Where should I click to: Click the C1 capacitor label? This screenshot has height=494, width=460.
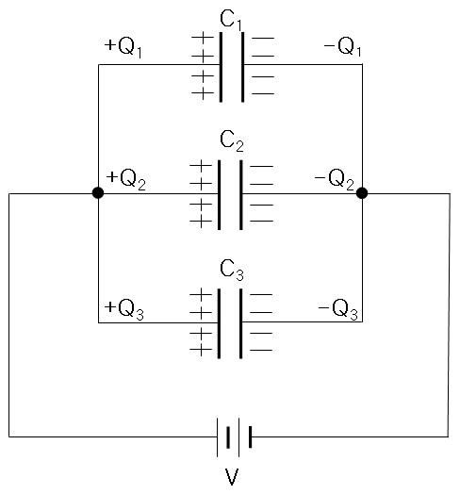click(x=232, y=20)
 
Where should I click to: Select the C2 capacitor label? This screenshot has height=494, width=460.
click(x=232, y=141)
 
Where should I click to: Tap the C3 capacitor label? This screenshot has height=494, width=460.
click(x=232, y=271)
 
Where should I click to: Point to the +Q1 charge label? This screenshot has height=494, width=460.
click(x=123, y=47)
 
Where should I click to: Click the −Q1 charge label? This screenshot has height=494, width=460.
click(x=343, y=46)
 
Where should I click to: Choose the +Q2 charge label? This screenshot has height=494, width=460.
click(x=126, y=179)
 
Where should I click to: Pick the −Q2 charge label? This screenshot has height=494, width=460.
click(x=335, y=179)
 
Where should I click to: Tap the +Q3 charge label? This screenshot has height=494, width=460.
click(x=124, y=309)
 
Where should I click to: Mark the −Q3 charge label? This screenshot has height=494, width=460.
click(x=338, y=309)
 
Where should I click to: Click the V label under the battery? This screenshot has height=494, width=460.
click(x=232, y=477)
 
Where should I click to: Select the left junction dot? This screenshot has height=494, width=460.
click(x=98, y=193)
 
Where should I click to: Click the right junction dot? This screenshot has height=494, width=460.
click(x=362, y=193)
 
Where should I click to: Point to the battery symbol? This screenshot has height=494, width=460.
click(x=235, y=437)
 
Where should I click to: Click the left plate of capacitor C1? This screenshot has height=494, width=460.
click(x=221, y=67)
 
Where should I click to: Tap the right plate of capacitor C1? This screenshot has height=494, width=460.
click(x=242, y=67)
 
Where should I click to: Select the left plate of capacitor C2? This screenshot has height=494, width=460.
click(x=219, y=195)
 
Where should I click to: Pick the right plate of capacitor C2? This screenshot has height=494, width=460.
click(x=241, y=195)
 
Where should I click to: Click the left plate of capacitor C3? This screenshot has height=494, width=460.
click(x=219, y=323)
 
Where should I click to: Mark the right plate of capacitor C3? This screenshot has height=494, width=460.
click(x=240, y=323)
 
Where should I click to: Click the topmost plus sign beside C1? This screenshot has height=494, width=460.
click(x=203, y=38)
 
